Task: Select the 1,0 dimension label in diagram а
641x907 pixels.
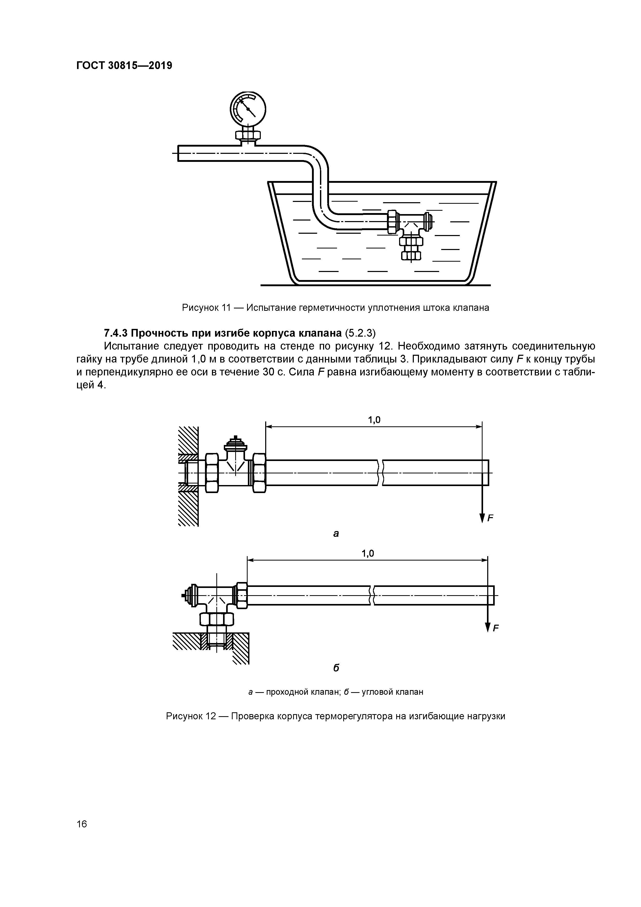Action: coord(374,420)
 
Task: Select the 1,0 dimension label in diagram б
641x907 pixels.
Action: coord(368,554)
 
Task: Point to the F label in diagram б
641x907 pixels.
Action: coord(496,628)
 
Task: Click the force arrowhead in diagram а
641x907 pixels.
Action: coord(482,518)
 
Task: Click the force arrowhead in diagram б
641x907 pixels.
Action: coord(488,627)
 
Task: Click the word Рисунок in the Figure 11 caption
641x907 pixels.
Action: coord(200,308)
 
